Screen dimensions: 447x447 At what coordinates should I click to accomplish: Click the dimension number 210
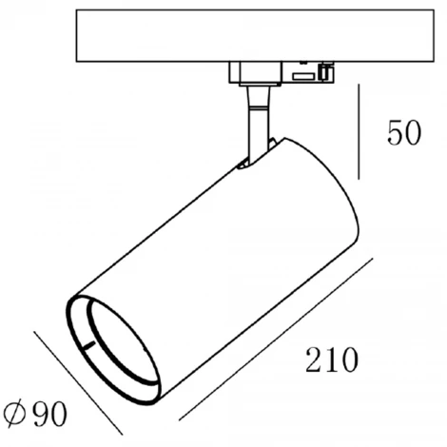[x=331, y=360]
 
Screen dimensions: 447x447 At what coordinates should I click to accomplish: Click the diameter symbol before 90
[x=15, y=414]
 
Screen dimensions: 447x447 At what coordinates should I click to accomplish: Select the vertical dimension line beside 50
[x=359, y=130]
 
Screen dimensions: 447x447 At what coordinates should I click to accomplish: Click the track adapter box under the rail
[x=281, y=72]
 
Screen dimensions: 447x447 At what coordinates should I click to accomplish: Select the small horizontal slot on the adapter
[x=303, y=75]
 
